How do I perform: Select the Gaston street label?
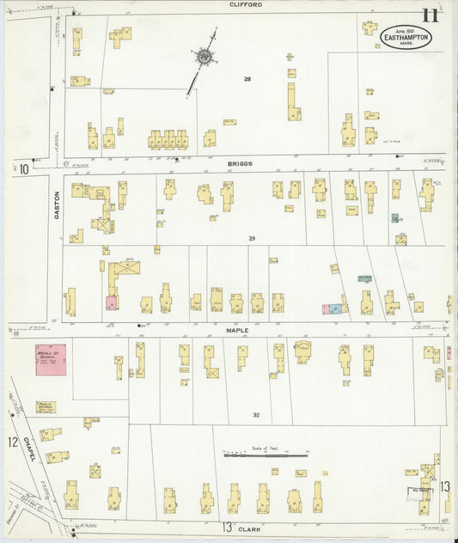58,204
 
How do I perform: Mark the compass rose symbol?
205,58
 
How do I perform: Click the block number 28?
247,79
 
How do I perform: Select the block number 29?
252,238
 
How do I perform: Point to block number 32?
255,414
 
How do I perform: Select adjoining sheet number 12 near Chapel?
12,442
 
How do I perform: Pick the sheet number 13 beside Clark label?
228,527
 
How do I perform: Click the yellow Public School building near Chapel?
46,407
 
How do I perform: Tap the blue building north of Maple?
336,308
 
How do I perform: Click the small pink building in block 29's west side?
112,303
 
